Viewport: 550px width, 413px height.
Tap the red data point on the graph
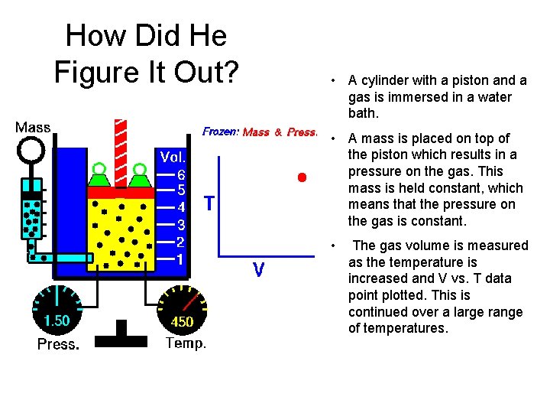pyautogui.click(x=302, y=177)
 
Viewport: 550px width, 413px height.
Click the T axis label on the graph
pyautogui.click(x=209, y=203)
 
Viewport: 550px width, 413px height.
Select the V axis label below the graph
pyautogui.click(x=259, y=269)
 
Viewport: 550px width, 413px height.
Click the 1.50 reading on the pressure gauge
pyautogui.click(x=57, y=320)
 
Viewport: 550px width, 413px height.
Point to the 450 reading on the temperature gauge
pyautogui.click(x=182, y=321)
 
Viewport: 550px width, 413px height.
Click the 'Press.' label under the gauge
pyautogui.click(x=58, y=344)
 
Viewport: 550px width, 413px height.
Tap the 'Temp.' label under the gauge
pyautogui.click(x=186, y=343)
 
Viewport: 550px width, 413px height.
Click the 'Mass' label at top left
pyautogui.click(x=33, y=127)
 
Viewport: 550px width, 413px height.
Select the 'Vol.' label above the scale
pyautogui.click(x=172, y=158)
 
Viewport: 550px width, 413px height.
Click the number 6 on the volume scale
pyautogui.click(x=181, y=174)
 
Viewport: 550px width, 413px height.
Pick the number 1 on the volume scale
pyautogui.click(x=181, y=259)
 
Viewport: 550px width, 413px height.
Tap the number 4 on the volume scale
pyautogui.click(x=181, y=207)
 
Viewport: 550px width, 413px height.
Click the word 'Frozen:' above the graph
pyautogui.click(x=222, y=132)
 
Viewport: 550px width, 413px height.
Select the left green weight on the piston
pyautogui.click(x=99, y=177)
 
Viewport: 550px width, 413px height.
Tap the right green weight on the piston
pyautogui.click(x=138, y=177)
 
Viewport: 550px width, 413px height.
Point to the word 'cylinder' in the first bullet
pyautogui.click(x=383, y=80)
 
